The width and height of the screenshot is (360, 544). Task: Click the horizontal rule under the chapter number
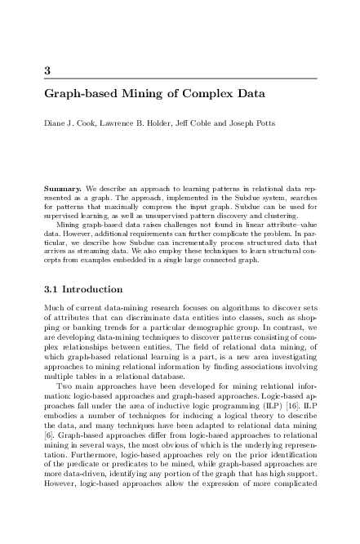point(180,78)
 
